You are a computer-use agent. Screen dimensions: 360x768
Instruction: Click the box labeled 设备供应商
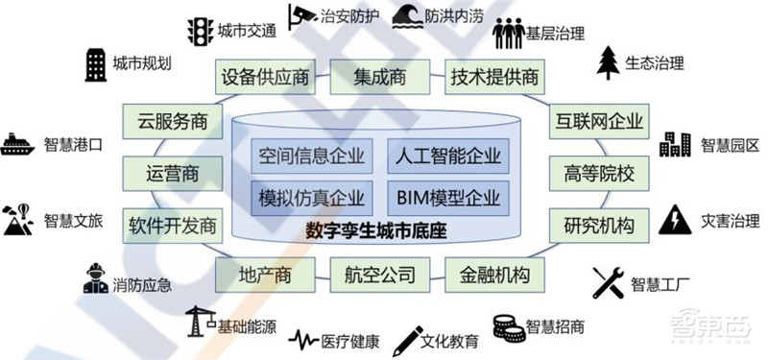265,77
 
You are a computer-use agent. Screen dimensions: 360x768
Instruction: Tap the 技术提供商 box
493,77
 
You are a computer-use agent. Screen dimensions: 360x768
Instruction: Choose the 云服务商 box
172,123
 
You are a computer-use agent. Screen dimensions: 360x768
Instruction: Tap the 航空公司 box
378,276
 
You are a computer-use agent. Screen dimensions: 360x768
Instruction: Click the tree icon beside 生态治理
608,62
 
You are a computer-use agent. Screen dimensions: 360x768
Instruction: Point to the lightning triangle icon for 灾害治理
677,218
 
